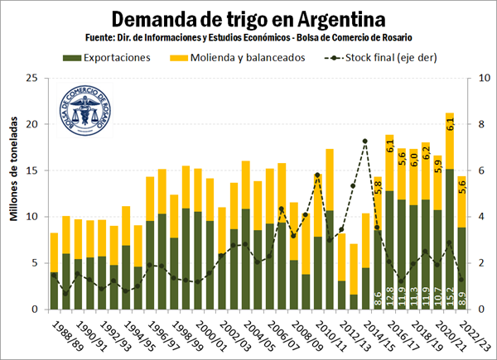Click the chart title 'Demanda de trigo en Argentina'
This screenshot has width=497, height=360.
click(x=248, y=18)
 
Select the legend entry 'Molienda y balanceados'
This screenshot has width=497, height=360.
click(x=235, y=57)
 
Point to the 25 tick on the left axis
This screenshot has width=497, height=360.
click(x=32, y=78)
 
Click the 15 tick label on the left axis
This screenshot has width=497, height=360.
click(x=32, y=170)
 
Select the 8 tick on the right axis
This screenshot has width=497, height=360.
click(x=470, y=124)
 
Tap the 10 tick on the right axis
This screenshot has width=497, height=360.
click(x=472, y=78)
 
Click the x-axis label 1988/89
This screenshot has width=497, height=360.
click(x=65, y=334)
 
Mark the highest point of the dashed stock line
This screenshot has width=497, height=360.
click(x=365, y=141)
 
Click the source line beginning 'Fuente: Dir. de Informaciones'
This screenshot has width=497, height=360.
click(x=248, y=37)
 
